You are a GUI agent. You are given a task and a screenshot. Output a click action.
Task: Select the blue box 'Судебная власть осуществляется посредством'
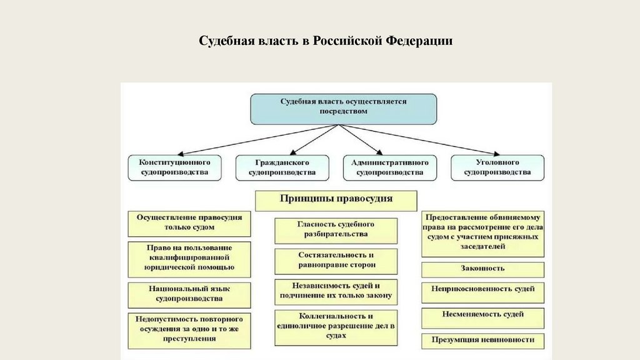pyautogui.click(x=343, y=109)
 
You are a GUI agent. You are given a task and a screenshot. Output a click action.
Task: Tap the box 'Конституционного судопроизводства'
pyautogui.click(x=174, y=167)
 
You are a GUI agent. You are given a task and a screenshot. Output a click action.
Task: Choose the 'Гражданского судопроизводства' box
pyautogui.click(x=282, y=167)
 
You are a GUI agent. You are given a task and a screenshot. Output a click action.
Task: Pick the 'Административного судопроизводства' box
pyautogui.click(x=389, y=167)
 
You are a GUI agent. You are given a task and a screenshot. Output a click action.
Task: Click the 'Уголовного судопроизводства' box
pyautogui.click(x=497, y=167)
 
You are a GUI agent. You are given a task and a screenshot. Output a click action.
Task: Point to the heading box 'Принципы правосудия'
pyautogui.click(x=336, y=200)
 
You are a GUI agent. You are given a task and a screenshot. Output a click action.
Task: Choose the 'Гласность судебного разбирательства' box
pyautogui.click(x=336, y=229)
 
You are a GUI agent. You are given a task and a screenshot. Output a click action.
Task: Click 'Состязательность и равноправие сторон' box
pyautogui.click(x=336, y=261)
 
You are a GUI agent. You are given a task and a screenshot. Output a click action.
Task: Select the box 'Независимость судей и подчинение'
pyautogui.click(x=336, y=291)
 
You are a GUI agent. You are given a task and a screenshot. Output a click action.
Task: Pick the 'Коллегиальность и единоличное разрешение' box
pyautogui.click(x=336, y=326)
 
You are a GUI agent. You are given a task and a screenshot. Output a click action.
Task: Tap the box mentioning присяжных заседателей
pyautogui.click(x=482, y=232)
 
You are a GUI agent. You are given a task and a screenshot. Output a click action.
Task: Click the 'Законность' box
pyautogui.click(x=482, y=269)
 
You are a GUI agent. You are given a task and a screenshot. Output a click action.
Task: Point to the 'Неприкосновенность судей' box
pyautogui.click(x=482, y=291)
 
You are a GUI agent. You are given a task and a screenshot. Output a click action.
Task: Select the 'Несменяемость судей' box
pyautogui.click(x=482, y=316)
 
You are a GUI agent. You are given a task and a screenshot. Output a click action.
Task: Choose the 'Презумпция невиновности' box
pyautogui.click(x=482, y=341)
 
